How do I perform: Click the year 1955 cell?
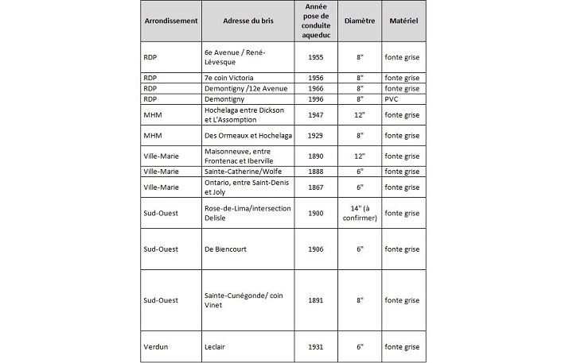point(316,57)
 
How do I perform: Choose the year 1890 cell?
point(316,157)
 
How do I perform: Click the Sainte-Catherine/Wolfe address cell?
point(241,172)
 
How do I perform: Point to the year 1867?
point(316,187)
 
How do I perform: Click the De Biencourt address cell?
point(227,249)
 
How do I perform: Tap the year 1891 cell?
point(316,300)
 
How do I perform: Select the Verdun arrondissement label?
point(157,346)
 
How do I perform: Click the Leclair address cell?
point(217,346)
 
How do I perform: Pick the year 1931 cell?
point(316,346)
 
